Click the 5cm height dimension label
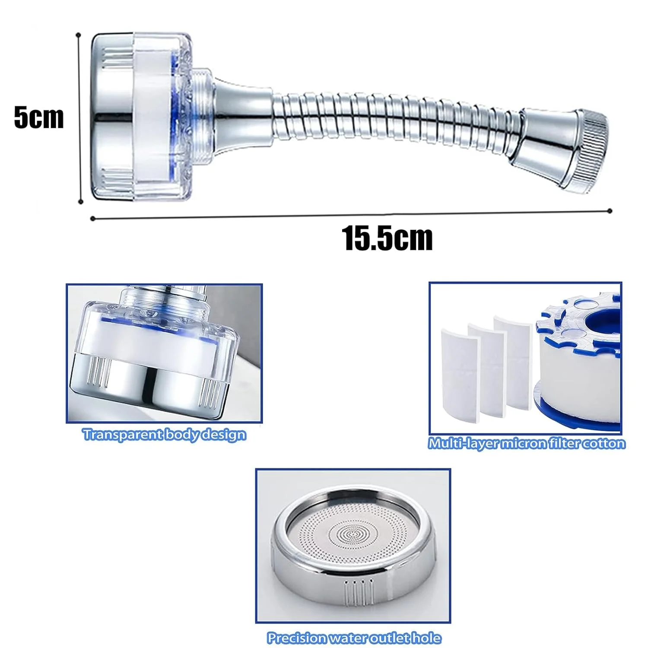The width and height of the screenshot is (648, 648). point(39,117)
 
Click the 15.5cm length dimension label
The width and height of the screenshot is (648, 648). point(387,238)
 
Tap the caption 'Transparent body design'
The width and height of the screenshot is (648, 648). point(165,434)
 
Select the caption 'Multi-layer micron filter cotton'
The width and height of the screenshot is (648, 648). point(527,443)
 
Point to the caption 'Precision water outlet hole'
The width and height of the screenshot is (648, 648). point(354,638)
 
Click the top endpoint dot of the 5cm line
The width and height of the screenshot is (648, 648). point(78,35)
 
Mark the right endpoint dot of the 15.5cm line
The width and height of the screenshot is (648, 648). point(610,211)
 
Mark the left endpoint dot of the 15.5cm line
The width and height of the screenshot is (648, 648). point(92,218)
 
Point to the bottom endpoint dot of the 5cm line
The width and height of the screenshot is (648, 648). point(81,201)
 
